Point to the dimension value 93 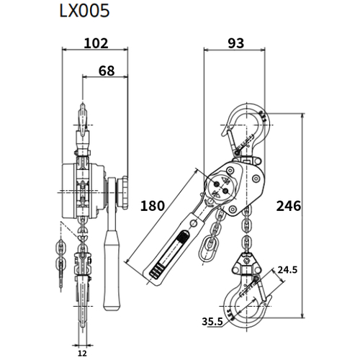click(235, 43)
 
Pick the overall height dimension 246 click(288, 207)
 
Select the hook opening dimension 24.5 click(288, 271)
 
